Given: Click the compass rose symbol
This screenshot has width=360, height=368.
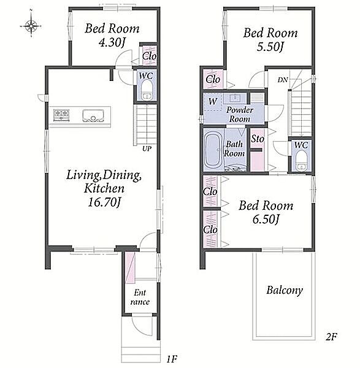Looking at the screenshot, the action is (x=31, y=25).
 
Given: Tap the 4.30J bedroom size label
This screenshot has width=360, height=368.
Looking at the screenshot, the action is (x=112, y=43).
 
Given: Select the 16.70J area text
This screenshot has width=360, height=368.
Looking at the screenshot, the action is (x=104, y=202).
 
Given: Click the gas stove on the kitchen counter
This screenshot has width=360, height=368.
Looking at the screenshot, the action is (x=61, y=115).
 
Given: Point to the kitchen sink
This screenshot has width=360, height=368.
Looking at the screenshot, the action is (x=93, y=116).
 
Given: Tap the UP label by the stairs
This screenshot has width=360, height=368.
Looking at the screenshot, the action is (x=147, y=148).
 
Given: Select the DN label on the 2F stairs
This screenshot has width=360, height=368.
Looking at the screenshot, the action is (x=283, y=80).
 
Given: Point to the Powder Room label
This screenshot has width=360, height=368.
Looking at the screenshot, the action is (x=239, y=115).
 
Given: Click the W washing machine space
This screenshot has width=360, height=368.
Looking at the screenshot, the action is (x=213, y=102).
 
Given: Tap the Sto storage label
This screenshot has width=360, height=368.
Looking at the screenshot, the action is (x=258, y=139).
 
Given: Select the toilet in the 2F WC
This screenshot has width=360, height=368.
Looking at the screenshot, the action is (x=301, y=161).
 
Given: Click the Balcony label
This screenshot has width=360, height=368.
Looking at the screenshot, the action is (x=285, y=290).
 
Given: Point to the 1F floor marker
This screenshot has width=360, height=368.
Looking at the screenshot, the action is (x=172, y=359).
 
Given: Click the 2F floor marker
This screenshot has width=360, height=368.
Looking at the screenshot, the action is (x=331, y=337).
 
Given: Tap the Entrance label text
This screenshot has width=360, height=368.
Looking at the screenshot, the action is (x=140, y=297).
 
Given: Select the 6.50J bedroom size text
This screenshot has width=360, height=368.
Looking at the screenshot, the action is (x=266, y=220).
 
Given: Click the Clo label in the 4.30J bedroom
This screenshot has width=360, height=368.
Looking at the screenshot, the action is (x=149, y=56).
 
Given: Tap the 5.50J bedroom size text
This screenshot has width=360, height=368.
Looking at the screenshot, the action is (x=270, y=47).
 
